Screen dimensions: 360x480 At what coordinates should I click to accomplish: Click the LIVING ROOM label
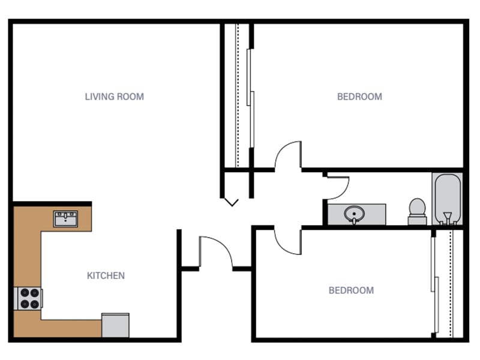click(x=114, y=97)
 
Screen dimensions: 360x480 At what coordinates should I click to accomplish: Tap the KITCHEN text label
click(x=106, y=276)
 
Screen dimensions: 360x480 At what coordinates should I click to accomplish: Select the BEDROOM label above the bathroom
click(x=359, y=97)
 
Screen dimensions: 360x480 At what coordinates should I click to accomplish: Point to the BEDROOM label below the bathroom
click(x=351, y=290)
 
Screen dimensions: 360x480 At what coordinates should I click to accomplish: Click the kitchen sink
click(x=65, y=219)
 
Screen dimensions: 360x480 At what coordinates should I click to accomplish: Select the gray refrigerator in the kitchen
click(x=115, y=326)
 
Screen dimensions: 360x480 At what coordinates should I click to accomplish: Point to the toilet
click(x=417, y=210)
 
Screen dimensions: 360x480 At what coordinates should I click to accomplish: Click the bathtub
click(x=447, y=198)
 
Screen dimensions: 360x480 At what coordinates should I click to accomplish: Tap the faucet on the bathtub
click(x=447, y=217)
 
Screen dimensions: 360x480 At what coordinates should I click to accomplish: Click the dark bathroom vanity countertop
click(x=375, y=214)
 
